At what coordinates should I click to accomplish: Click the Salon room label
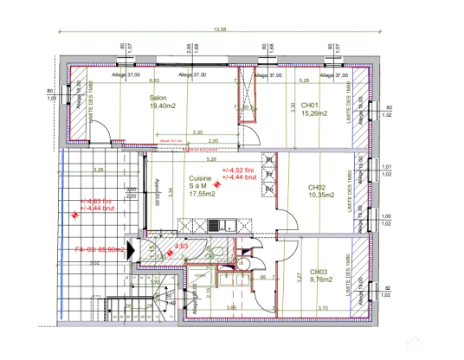158,98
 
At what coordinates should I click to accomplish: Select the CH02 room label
317,187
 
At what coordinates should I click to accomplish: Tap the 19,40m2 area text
163,106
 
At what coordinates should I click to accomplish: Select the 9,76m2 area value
320,280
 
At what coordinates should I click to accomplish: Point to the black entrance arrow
130,248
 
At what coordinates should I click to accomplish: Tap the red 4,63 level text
182,247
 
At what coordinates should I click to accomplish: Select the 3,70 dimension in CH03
322,308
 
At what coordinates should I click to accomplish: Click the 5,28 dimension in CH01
304,80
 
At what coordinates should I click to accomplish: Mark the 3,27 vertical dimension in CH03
300,277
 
